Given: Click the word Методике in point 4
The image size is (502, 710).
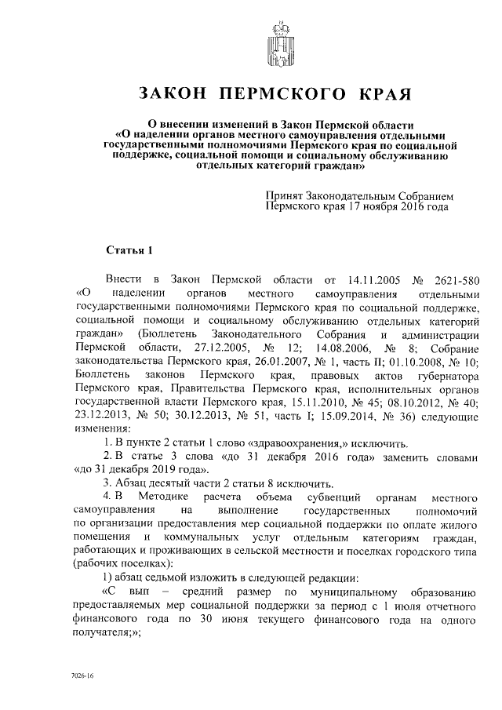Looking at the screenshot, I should pos(162,498).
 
